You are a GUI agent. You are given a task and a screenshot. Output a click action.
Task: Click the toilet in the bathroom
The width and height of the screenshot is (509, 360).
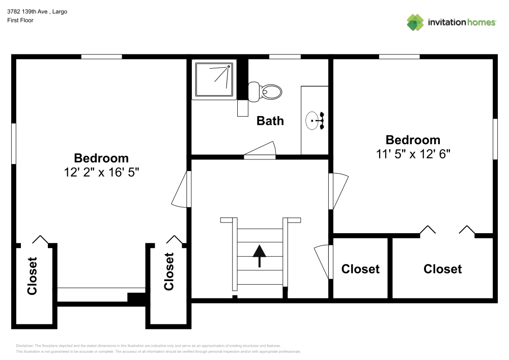(268, 92)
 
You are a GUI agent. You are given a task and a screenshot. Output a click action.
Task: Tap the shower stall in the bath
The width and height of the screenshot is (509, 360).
(214, 79)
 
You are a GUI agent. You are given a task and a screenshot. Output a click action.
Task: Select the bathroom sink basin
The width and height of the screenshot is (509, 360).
(314, 121)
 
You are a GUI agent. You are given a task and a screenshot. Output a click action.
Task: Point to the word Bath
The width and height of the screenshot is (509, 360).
(270, 121)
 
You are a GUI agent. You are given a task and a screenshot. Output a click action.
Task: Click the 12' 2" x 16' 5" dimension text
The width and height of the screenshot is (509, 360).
(101, 172)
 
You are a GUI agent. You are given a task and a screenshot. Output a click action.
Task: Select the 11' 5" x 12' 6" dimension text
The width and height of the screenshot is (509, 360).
(413, 154)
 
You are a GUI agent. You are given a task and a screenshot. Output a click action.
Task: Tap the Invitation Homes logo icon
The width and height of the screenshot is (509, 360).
(415, 22)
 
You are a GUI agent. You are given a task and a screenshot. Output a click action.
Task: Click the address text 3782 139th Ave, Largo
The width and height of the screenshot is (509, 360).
(37, 11)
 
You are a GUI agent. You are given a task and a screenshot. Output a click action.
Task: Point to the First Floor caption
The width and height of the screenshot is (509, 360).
(20, 20)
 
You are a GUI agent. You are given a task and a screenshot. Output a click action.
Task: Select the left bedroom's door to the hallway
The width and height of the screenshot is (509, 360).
(181, 189)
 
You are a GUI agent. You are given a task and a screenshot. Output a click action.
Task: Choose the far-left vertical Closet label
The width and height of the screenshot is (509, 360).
(32, 276)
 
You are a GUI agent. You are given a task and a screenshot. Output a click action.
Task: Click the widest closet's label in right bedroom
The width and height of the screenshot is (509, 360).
(442, 269)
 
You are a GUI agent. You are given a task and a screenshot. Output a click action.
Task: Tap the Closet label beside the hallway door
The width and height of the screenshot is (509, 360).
(360, 269)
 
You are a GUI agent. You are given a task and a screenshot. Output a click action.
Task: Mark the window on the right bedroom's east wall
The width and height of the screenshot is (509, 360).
(495, 139)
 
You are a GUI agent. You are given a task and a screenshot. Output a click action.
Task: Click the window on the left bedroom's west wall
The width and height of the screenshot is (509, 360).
(14, 144)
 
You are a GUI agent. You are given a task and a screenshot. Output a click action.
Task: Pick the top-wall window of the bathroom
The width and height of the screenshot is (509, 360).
(285, 57)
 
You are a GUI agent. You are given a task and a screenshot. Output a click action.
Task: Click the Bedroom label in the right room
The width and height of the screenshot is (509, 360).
(413, 140)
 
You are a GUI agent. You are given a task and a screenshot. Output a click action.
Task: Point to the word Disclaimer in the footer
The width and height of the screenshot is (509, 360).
(25, 346)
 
